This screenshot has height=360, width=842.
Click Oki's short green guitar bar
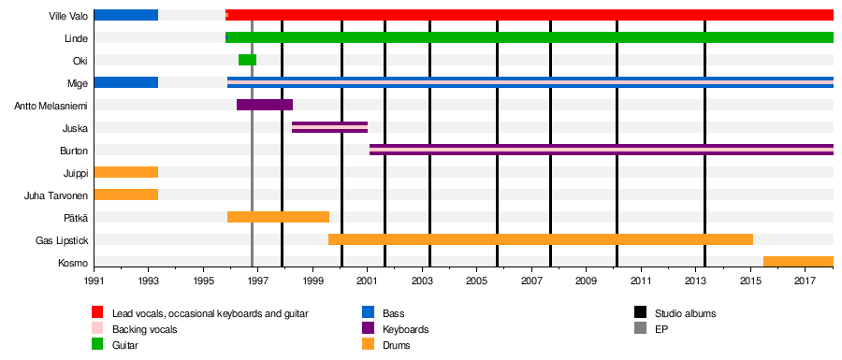point(247,60)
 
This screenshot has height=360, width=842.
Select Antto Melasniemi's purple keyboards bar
point(265,105)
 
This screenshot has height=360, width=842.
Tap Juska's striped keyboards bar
point(329,128)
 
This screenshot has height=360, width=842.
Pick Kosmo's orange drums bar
point(799,262)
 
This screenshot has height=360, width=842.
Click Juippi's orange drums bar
point(126,172)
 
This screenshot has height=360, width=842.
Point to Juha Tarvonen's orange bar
point(126,194)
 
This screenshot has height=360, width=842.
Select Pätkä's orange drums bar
point(278,217)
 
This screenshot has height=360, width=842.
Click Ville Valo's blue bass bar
point(126,15)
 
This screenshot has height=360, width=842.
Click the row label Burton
point(74,151)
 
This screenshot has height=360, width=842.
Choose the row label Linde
point(76,37)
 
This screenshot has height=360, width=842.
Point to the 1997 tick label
point(258,281)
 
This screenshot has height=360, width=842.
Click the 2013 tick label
point(696,281)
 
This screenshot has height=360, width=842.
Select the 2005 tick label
point(477,281)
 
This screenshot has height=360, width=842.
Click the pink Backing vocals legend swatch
point(97,329)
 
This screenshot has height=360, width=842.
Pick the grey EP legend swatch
point(640,329)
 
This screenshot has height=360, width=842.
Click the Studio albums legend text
point(685,313)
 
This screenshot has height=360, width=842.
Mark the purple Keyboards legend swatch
point(369,329)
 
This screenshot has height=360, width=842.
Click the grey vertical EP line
point(252,138)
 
